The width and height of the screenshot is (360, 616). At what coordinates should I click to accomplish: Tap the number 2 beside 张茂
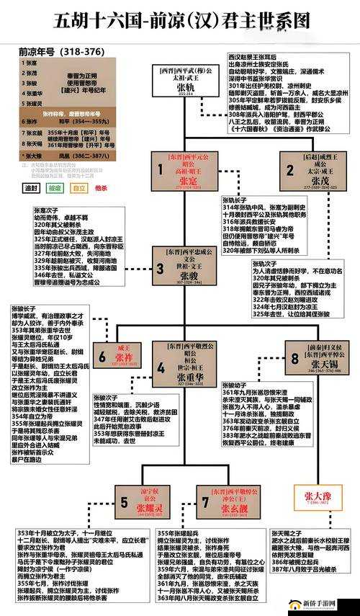pos(289,170)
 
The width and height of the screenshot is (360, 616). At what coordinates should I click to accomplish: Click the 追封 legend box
pos(30,188)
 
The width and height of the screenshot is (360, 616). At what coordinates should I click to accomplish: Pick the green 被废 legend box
pos(54,188)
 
